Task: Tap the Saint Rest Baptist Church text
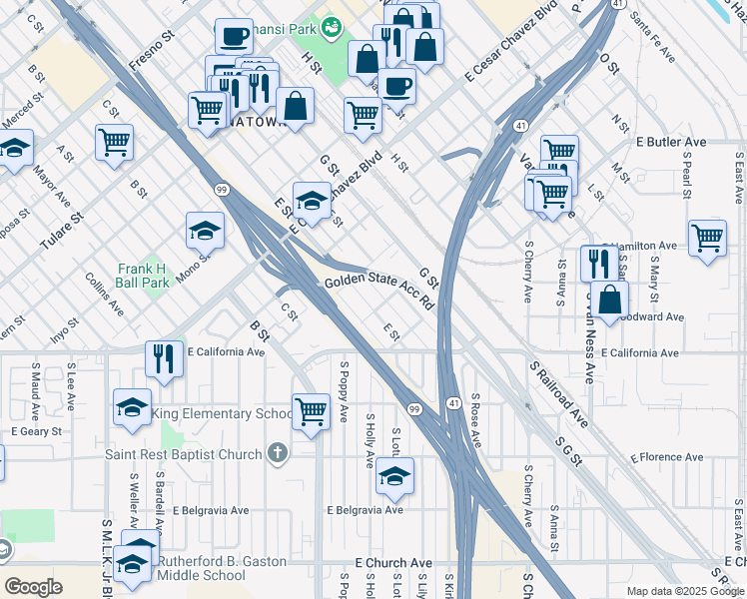click(184, 453)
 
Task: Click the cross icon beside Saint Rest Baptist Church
click(276, 453)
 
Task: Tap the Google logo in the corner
click(33, 587)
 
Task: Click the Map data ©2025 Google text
click(684, 591)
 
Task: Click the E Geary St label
click(36, 431)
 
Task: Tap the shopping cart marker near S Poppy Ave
click(312, 410)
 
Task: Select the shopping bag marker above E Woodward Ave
click(609, 298)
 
